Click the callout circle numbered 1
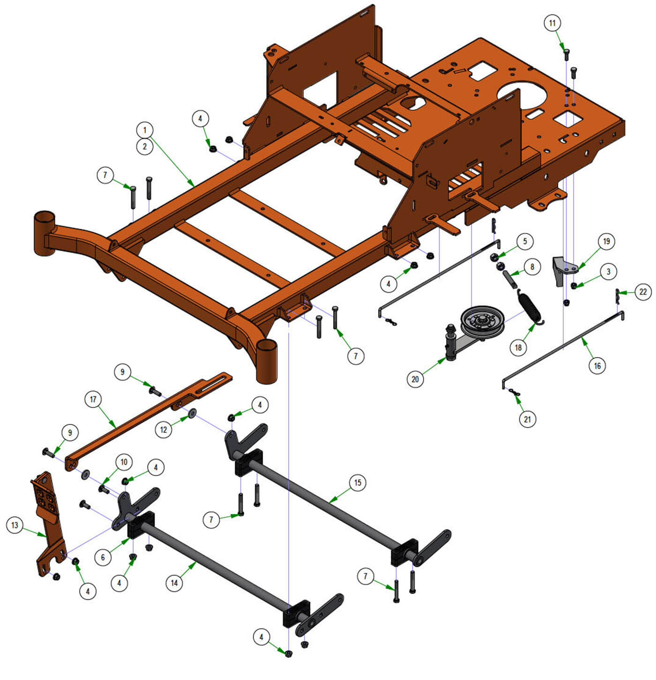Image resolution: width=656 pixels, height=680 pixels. coord(144,130)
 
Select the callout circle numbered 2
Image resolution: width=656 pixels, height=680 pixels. coord(144,146)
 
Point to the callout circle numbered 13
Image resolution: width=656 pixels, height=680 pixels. coord(15,525)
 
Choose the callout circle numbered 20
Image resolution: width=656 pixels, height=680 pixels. coord(415,379)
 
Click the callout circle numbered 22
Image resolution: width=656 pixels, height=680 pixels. coord(643,292)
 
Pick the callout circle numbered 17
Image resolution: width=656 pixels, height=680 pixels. coord(93,400)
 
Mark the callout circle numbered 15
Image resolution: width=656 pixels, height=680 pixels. coord(358,483)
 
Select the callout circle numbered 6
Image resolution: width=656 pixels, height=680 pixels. coord(103,557)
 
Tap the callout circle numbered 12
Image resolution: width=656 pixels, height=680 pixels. coord(164,430)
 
